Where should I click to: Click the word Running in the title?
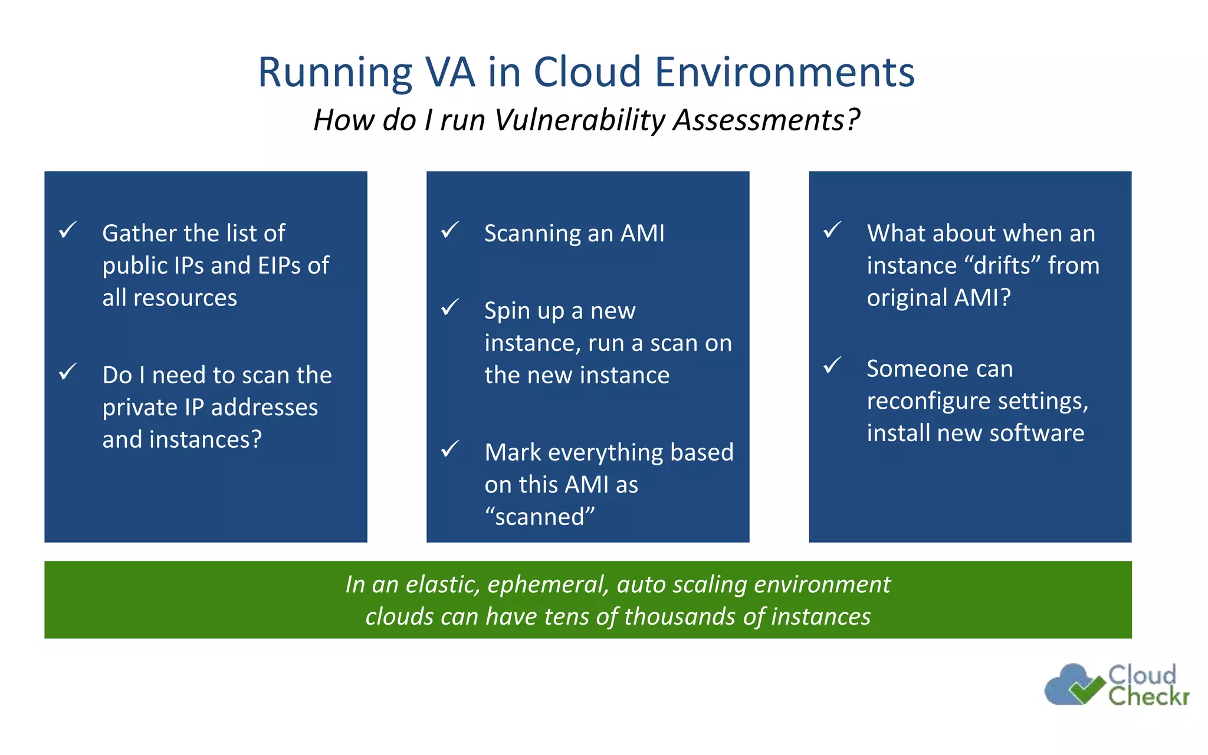(x=335, y=73)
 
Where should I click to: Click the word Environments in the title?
(x=784, y=72)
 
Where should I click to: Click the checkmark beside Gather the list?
(x=68, y=229)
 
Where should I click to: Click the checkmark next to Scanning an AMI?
(x=450, y=229)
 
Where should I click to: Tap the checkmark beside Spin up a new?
(x=450, y=307)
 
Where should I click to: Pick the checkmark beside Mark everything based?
(x=450, y=449)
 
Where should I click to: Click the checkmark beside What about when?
(x=832, y=229)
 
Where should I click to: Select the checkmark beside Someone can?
(x=832, y=365)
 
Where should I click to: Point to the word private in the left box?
(x=135, y=408)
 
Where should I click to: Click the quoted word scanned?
(x=540, y=517)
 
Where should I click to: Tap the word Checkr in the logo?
(x=1148, y=697)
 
